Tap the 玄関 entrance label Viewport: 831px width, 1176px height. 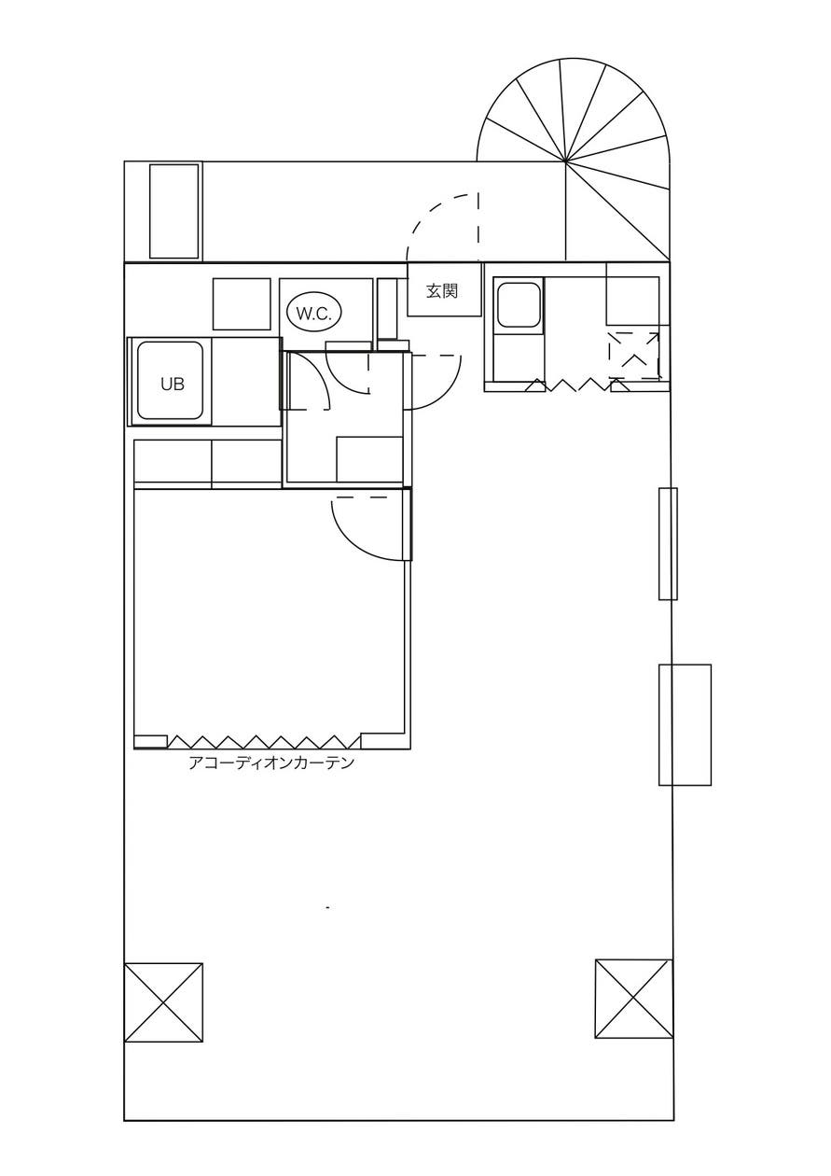point(442,290)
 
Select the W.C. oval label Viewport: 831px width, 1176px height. point(313,314)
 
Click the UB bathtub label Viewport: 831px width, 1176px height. point(172,384)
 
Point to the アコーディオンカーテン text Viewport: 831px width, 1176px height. point(271,763)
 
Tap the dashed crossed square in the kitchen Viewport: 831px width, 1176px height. point(634,356)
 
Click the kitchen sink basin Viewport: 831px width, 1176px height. point(519,304)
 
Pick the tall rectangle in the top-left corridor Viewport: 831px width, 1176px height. point(174,211)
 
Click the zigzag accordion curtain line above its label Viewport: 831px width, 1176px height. point(264,742)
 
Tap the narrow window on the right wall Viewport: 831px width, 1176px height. point(668,543)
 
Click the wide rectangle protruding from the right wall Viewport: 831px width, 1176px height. point(685,725)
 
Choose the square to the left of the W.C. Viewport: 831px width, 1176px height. point(242,304)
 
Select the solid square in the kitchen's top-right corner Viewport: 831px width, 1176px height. point(632,294)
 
